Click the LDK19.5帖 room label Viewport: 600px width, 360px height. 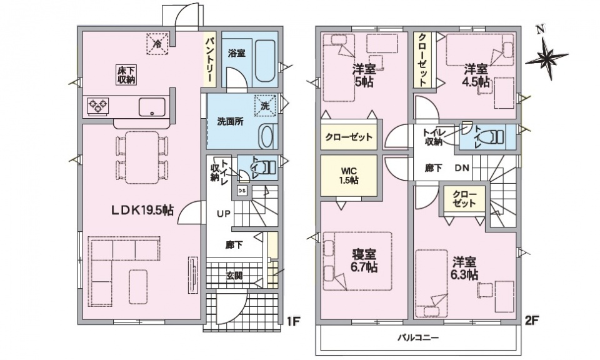142,210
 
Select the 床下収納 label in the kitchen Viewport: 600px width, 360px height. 126,74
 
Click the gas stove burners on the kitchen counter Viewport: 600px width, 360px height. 98,105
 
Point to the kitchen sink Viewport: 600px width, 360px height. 152,107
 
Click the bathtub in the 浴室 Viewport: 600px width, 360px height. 264,61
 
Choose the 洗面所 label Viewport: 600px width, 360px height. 231,122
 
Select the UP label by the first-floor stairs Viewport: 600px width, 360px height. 224,214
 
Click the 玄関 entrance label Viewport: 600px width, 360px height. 234,276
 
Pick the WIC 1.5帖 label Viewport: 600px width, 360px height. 349,176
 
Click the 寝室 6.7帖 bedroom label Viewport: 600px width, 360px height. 364,260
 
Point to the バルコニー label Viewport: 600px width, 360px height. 418,337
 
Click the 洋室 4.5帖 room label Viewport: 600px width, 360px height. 476,76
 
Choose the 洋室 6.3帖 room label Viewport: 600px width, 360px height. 465,268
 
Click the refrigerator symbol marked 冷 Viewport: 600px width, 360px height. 157,44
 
